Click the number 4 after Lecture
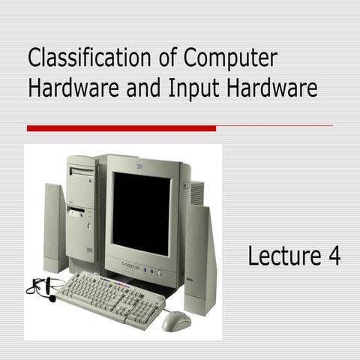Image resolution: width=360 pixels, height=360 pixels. coord(333,256)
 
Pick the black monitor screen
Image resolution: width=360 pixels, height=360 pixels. coord(141,213)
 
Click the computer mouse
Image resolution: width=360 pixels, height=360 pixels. coord(176,320)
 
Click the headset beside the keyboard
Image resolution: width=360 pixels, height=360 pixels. coord(43,288)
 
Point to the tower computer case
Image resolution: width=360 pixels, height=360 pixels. coord(82,210)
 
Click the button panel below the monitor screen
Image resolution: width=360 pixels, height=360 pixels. coord(142,271)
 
